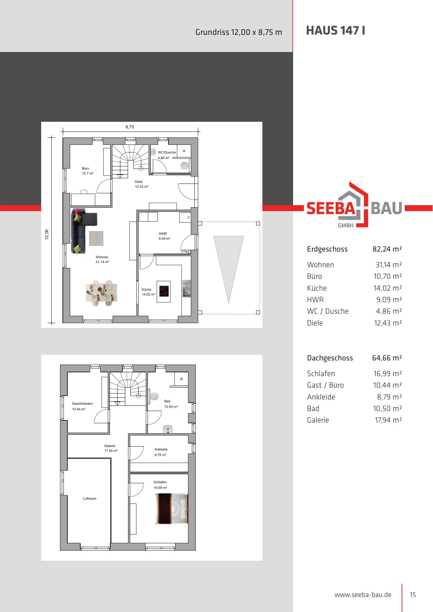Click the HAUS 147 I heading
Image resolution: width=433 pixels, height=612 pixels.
click(336, 31)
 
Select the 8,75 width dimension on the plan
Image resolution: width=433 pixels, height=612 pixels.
click(130, 127)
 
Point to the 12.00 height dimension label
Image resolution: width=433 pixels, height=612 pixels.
click(47, 234)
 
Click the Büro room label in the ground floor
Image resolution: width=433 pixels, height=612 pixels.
click(85, 169)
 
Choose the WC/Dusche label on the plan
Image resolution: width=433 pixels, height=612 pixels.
click(167, 152)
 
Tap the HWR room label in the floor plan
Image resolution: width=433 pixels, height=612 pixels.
click(163, 234)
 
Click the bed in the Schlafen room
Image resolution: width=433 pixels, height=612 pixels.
click(172, 509)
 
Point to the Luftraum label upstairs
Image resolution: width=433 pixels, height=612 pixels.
click(89, 499)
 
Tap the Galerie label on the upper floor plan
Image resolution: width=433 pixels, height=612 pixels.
click(110, 446)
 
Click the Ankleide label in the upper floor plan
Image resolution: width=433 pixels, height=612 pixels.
click(161, 449)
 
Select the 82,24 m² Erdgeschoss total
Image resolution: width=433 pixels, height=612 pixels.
click(387, 249)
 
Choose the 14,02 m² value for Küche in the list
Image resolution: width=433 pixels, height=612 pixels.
click(388, 288)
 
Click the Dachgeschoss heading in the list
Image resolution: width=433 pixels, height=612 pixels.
click(330, 358)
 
